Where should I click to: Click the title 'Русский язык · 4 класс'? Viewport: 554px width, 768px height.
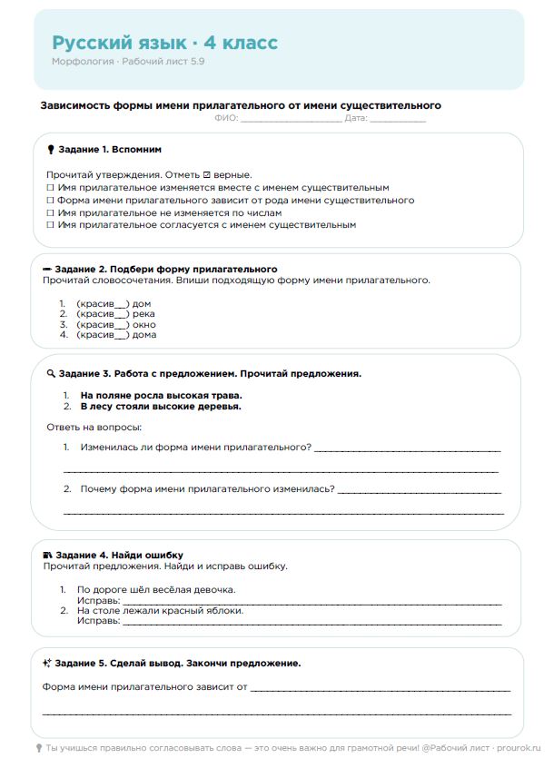tap(164, 43)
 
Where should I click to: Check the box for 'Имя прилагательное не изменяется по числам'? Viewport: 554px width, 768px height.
tap(50, 212)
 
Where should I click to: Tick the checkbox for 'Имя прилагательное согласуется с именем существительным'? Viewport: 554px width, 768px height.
tap(50, 224)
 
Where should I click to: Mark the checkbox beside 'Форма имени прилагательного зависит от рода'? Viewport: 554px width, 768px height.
tap(50, 200)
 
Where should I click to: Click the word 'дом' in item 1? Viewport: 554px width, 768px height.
tap(142, 303)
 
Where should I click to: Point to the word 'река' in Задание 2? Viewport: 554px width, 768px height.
tap(143, 314)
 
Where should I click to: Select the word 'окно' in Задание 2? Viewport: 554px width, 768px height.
tap(143, 324)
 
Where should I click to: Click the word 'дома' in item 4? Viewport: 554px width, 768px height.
tap(144, 334)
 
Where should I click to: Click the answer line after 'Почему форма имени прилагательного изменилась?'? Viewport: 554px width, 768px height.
tap(419, 491)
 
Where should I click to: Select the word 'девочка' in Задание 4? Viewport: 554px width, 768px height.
tap(217, 589)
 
